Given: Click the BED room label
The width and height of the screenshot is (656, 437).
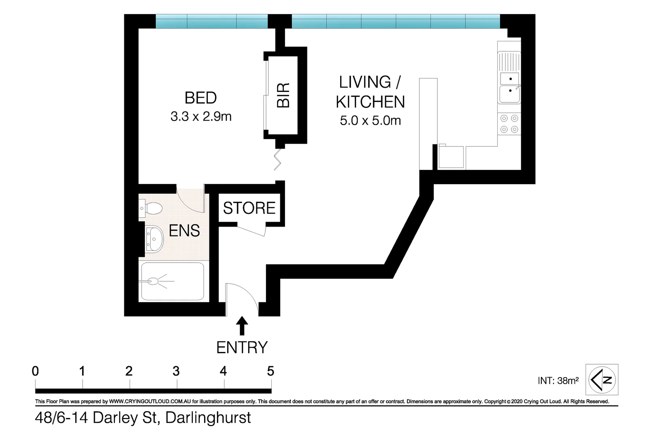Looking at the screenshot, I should pyautogui.click(x=200, y=98).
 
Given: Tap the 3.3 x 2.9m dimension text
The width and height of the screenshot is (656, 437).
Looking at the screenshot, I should pyautogui.click(x=201, y=117).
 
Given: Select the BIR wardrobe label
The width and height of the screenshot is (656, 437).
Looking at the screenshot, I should pyautogui.click(x=283, y=95).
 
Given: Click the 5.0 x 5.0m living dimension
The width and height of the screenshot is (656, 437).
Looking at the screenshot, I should pyautogui.click(x=370, y=120).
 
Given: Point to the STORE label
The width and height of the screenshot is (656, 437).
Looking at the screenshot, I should pyautogui.click(x=249, y=208).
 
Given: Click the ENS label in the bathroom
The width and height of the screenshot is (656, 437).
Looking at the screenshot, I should pyautogui.click(x=184, y=231).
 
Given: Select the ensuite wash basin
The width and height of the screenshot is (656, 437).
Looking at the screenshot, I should pyautogui.click(x=154, y=239).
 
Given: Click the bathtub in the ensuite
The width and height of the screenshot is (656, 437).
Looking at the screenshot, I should pyautogui.click(x=172, y=281).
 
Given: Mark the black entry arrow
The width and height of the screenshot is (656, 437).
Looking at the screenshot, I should pyautogui.click(x=242, y=326).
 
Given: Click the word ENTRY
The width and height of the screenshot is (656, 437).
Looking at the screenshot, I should pyautogui.click(x=242, y=348).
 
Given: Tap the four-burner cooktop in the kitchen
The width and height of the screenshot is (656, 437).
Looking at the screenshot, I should pyautogui.click(x=509, y=124).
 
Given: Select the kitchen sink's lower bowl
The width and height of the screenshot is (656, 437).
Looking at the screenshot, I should pyautogui.click(x=509, y=94).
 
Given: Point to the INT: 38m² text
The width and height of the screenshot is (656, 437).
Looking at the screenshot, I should pyautogui.click(x=558, y=380).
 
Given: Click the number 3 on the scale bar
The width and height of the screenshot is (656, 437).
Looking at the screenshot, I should pyautogui.click(x=176, y=371).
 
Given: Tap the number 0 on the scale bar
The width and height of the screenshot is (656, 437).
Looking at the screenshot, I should pyautogui.click(x=36, y=371).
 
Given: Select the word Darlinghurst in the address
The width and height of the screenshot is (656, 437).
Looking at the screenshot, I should pyautogui.click(x=208, y=418).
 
